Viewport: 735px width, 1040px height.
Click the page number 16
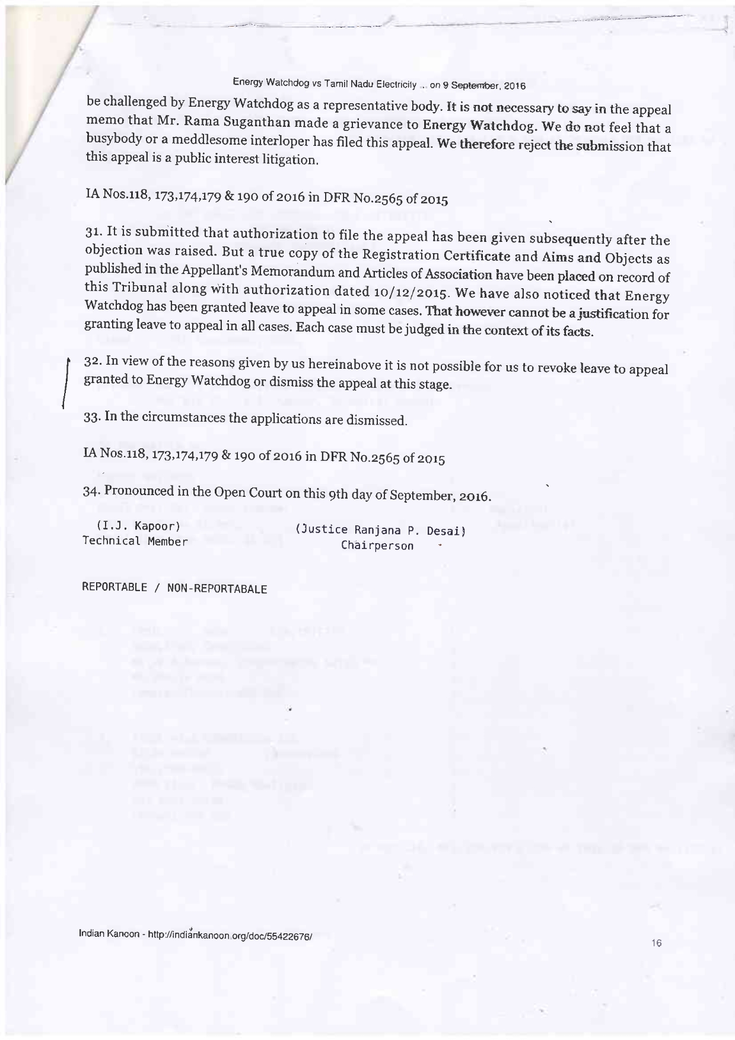[656, 943]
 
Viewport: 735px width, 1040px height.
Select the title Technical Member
[135, 541]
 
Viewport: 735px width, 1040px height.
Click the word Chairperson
[377, 545]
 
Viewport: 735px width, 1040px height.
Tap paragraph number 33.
[91, 416]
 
